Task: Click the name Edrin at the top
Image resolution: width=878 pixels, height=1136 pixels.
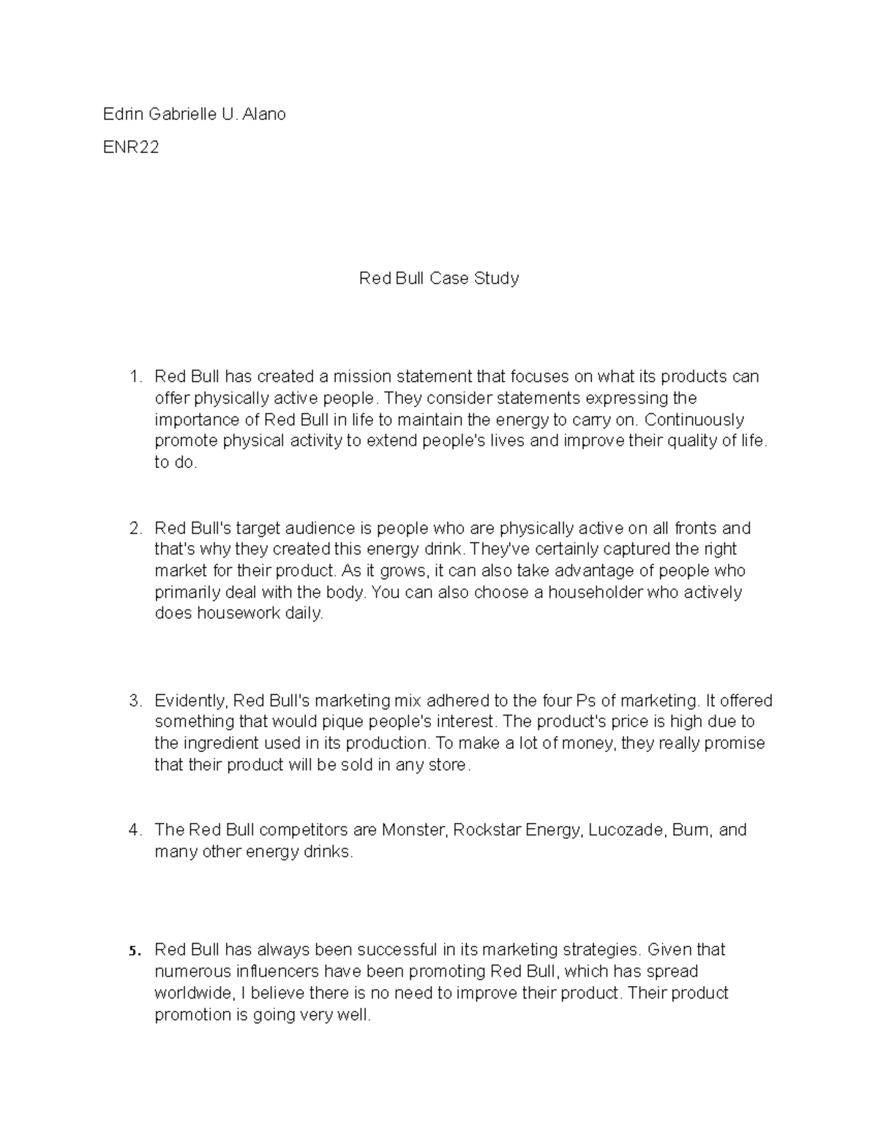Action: [x=123, y=114]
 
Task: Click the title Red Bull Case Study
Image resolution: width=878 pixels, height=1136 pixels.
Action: [x=438, y=278]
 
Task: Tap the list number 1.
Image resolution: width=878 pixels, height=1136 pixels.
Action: [x=134, y=377]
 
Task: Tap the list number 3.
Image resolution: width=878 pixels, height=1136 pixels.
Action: [x=135, y=701]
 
